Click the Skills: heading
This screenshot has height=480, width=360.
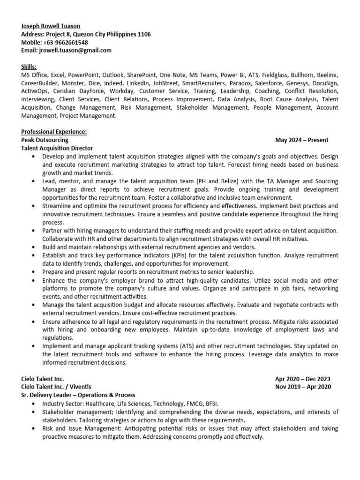pyautogui.click(x=29, y=67)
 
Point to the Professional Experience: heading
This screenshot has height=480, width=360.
pyautogui.click(x=54, y=132)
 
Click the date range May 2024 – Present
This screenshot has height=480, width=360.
pyautogui.click(x=302, y=140)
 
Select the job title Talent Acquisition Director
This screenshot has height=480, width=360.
pyautogui.click(x=57, y=148)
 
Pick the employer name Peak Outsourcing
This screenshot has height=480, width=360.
pyautogui.click(x=45, y=140)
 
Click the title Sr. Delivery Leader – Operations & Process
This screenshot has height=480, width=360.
pyautogui.click(x=78, y=395)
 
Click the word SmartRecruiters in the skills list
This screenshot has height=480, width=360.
pyautogui.click(x=201, y=83)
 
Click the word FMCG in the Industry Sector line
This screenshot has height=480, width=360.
pyautogui.click(x=184, y=403)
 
